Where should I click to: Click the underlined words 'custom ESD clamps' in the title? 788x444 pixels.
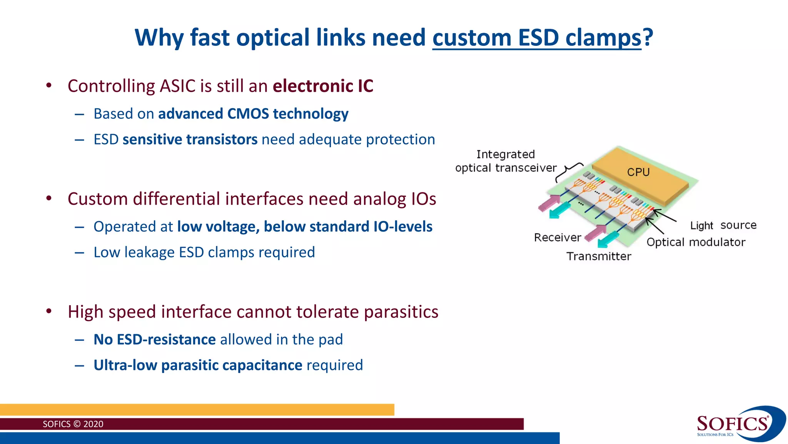tap(537, 38)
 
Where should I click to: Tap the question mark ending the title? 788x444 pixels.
tap(648, 37)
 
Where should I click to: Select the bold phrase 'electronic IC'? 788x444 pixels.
tap(323, 86)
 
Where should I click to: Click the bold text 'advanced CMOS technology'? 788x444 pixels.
tap(253, 114)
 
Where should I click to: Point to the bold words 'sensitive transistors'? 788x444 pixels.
tap(190, 140)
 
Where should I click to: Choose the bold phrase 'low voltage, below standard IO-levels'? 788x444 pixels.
tap(305, 227)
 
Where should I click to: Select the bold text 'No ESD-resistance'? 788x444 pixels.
tap(155, 340)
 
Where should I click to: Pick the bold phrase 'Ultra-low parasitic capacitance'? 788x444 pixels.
tap(198, 365)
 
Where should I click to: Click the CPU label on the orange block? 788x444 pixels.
tap(638, 172)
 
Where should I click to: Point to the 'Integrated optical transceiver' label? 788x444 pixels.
tap(506, 161)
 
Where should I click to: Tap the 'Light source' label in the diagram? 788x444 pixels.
tap(723, 225)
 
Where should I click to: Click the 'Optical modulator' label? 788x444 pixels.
tap(696, 242)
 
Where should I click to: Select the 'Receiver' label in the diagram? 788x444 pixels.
tap(557, 237)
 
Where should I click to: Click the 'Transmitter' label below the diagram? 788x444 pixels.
tap(599, 257)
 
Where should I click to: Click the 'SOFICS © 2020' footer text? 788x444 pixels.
tap(73, 424)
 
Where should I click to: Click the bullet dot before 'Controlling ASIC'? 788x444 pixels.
tap(48, 86)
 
